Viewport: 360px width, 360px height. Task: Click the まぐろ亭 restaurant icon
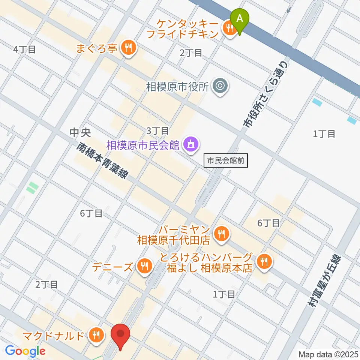(x=129, y=47)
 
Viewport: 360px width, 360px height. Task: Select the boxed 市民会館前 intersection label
(x=226, y=161)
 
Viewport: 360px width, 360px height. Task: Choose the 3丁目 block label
(x=157, y=130)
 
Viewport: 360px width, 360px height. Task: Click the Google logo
(x=25, y=351)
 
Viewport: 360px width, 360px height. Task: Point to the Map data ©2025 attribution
(x=328, y=354)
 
